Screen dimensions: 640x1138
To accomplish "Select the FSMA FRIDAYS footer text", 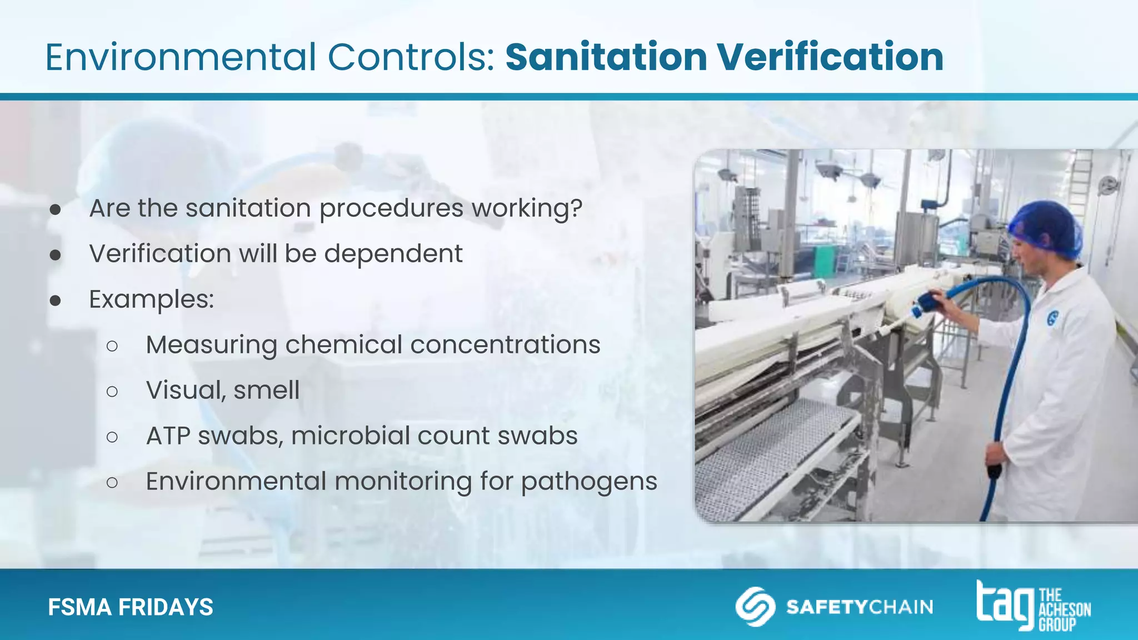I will tap(131, 607).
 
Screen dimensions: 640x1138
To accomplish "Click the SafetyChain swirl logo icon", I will tap(755, 606).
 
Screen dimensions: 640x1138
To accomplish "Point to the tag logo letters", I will tap(1005, 604).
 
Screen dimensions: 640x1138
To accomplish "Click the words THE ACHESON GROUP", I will tap(1064, 610).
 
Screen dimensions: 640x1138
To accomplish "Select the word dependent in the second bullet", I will tap(393, 254).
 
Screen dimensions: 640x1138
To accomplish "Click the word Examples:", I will tap(152, 299).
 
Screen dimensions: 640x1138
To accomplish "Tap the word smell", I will tap(266, 391).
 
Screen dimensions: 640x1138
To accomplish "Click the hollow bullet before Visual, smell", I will tap(112, 392).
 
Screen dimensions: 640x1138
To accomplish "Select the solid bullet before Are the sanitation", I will tap(55, 209).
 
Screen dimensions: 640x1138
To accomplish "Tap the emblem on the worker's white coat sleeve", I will tap(1052, 318).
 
